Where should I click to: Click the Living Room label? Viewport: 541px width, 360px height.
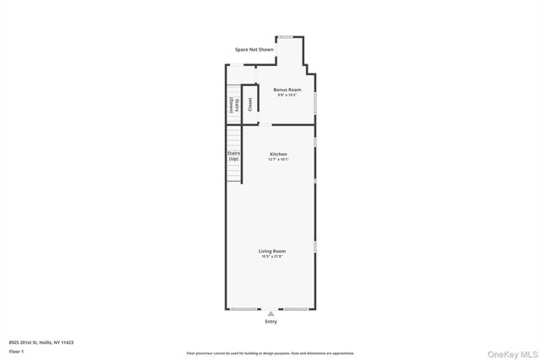271,250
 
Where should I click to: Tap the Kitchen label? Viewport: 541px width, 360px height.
278,154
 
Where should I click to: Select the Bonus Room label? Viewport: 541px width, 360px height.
287,90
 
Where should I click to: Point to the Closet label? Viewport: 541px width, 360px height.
249,103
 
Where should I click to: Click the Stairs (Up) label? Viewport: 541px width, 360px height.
233,156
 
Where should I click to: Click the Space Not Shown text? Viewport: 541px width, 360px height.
254,50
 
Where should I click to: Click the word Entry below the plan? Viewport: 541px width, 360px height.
270,322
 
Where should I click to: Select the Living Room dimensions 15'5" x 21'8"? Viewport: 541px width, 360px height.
271,256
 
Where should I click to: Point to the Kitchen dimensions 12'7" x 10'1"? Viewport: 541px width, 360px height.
278,160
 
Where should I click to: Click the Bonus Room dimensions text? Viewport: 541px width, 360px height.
287,95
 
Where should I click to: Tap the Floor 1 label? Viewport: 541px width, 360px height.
16,351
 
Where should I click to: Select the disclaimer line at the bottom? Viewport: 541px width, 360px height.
270,353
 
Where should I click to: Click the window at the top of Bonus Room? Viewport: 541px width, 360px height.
286,36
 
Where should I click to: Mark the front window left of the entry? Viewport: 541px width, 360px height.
244,309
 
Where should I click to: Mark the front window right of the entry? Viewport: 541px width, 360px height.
295,309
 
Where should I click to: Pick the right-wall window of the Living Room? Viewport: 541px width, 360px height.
315,247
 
